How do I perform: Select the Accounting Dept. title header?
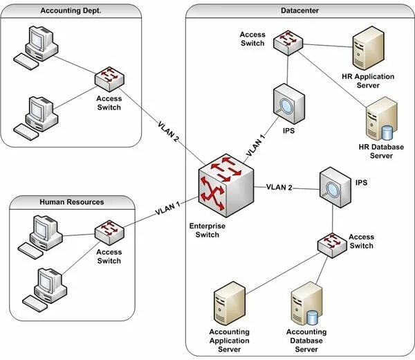click(70, 10)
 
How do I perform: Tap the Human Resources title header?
click(72, 202)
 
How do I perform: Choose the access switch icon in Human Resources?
click(108, 231)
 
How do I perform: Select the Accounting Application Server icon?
click(228, 305)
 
